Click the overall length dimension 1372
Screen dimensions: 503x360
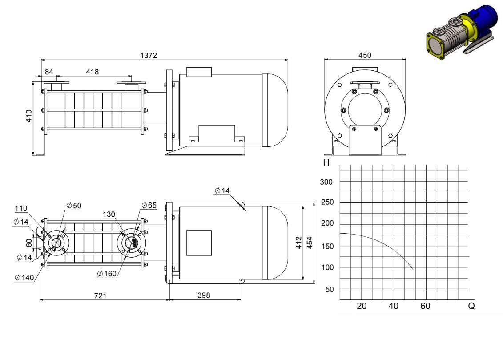(149, 56)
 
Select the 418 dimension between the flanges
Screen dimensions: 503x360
(93, 72)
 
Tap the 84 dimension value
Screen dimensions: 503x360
(49, 72)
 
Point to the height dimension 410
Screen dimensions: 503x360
(29, 116)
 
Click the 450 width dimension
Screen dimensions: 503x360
(365, 55)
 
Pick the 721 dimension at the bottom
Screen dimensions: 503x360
(100, 295)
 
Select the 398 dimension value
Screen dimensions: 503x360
(204, 295)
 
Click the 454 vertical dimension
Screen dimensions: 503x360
(310, 243)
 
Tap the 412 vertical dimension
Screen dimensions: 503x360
(299, 243)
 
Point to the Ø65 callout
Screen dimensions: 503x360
(149, 205)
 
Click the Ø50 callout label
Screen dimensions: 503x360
(74, 206)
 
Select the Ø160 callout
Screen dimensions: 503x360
(107, 274)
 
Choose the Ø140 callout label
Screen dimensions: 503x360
(24, 278)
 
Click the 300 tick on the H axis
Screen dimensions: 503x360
(326, 182)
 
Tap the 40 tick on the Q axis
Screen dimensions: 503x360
(393, 306)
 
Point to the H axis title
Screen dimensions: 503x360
(326, 163)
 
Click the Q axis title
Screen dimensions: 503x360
(471, 306)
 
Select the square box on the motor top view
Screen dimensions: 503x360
(199, 243)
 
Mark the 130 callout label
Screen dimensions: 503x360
(109, 214)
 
